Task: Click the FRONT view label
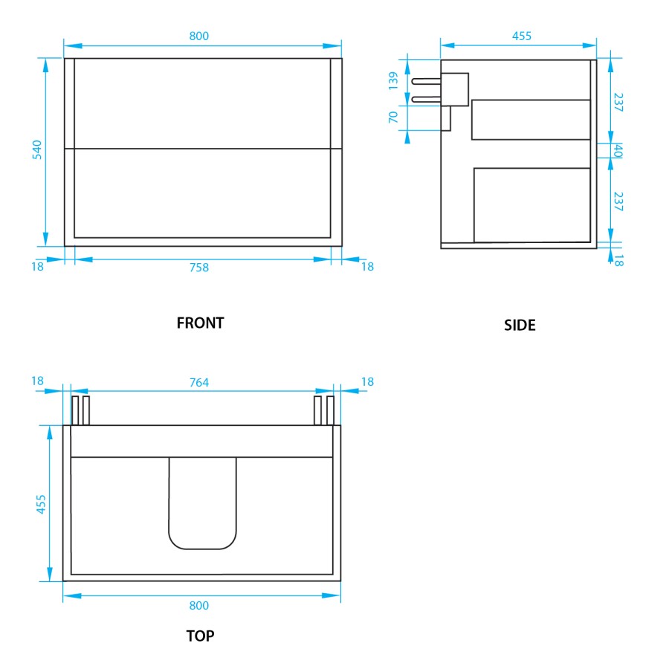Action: (200, 323)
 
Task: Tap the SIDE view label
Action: (520, 325)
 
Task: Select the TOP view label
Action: (200, 636)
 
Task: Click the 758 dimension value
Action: (199, 268)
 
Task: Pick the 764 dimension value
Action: (199, 383)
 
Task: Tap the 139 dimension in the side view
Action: (394, 80)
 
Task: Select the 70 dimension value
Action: (394, 117)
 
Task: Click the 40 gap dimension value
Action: (617, 151)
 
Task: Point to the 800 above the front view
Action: (199, 36)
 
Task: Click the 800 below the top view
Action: (199, 605)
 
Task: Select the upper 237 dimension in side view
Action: (618, 101)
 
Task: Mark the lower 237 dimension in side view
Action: (618, 201)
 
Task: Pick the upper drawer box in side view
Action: (531, 119)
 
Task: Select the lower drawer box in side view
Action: (531, 204)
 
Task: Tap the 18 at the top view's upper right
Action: (367, 382)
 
